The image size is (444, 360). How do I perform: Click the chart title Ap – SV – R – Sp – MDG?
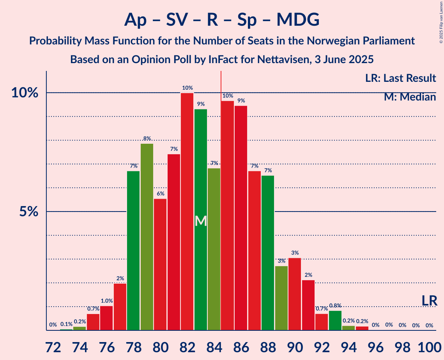coord(222,19)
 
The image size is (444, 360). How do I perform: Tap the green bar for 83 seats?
coord(201,220)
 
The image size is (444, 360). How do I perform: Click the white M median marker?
coord(201,221)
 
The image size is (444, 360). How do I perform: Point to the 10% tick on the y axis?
coord(25,93)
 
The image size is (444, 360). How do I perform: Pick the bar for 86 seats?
coord(241,218)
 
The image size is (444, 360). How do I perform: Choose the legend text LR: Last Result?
coord(400,78)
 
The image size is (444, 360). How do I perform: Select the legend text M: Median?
coord(410,97)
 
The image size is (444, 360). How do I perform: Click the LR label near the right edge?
coord(430,301)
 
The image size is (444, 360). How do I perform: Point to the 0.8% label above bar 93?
coord(335,306)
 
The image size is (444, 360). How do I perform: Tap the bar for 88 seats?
coord(268,253)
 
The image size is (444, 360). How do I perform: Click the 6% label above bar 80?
coord(160,194)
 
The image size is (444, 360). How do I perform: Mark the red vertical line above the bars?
coord(221,82)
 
